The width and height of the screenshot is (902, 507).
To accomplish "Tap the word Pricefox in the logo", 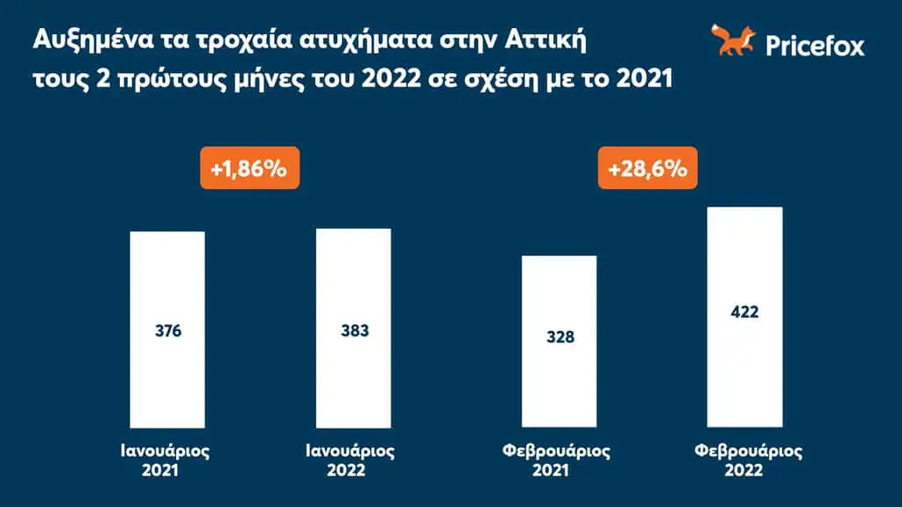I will [x=815, y=45].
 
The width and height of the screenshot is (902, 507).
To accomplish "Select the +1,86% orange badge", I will [x=248, y=168].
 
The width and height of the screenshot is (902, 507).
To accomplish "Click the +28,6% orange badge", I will [x=642, y=168].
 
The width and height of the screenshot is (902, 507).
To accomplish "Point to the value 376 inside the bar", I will [x=167, y=333].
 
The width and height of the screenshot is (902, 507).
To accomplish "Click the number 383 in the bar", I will [x=354, y=331].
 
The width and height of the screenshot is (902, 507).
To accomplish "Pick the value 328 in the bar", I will [x=559, y=338].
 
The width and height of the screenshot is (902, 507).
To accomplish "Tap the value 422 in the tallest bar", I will [x=744, y=312].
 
